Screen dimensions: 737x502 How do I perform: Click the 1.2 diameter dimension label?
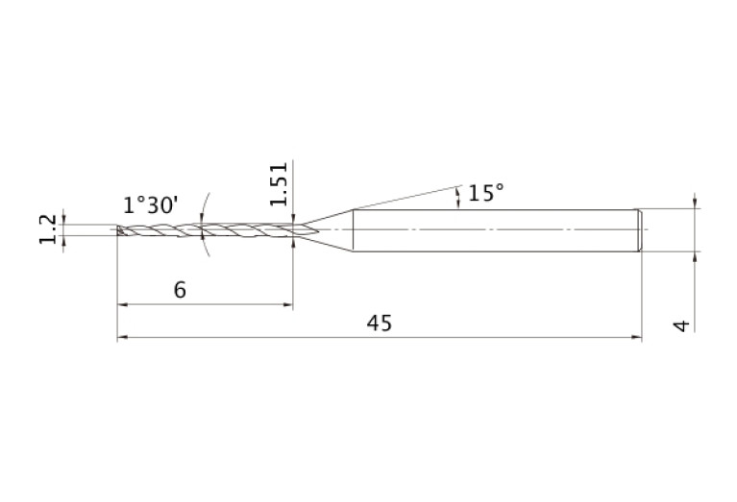click(47, 229)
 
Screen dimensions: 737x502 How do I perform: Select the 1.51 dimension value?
click(279, 184)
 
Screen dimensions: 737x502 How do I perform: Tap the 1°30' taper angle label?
click(151, 205)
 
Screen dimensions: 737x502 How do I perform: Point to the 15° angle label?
click(486, 193)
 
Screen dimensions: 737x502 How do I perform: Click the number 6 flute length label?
click(180, 290)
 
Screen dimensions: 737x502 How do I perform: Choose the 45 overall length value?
click(380, 323)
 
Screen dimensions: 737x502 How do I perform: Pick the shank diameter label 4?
click(682, 325)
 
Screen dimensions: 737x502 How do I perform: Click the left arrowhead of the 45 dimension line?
click(122, 337)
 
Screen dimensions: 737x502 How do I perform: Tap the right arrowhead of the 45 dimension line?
click(636, 337)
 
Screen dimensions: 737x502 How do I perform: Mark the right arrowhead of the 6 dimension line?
click(287, 304)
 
